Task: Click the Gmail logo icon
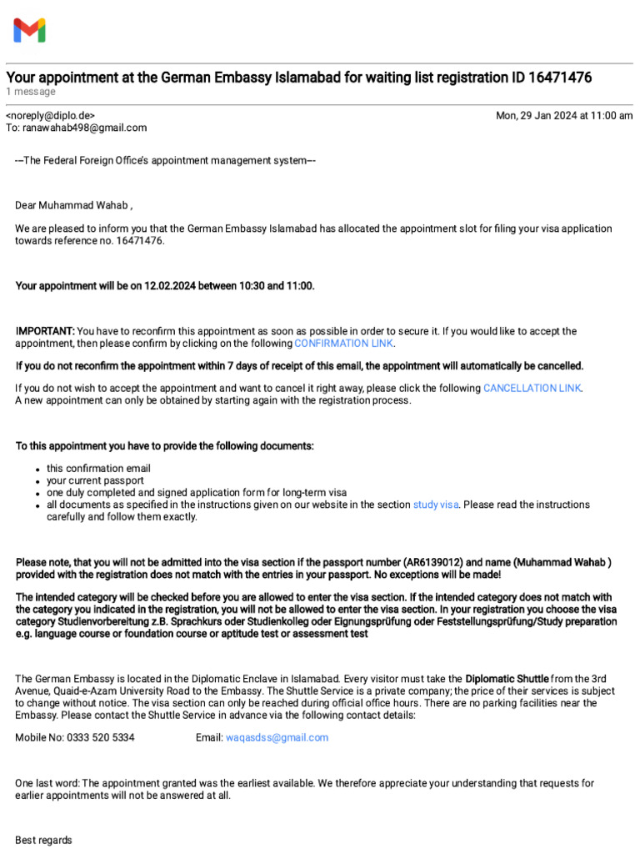click(x=29, y=31)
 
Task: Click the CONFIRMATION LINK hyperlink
click(x=344, y=343)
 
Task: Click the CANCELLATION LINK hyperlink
click(x=532, y=388)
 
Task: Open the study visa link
click(x=436, y=505)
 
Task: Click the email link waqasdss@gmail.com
click(x=277, y=737)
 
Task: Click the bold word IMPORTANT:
click(x=45, y=331)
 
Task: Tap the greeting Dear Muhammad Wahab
click(x=73, y=205)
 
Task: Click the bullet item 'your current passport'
click(x=95, y=480)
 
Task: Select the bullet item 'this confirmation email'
click(x=98, y=468)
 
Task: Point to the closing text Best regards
click(x=43, y=840)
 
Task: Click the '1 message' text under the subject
click(x=31, y=92)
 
